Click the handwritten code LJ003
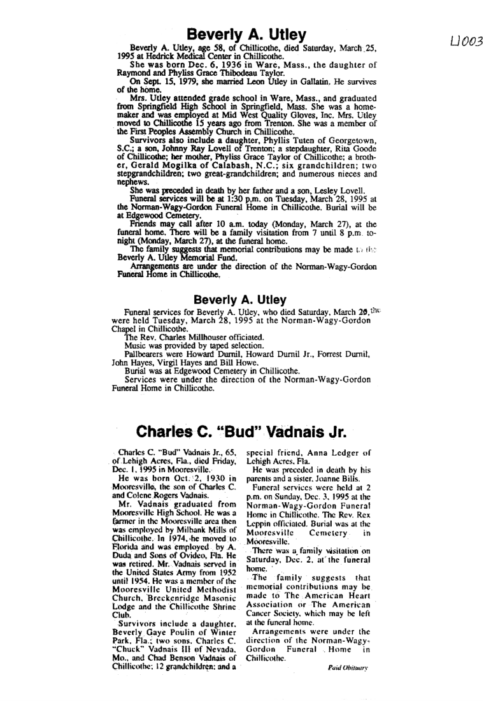coord(466,41)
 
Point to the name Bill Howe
coord(213,359)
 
